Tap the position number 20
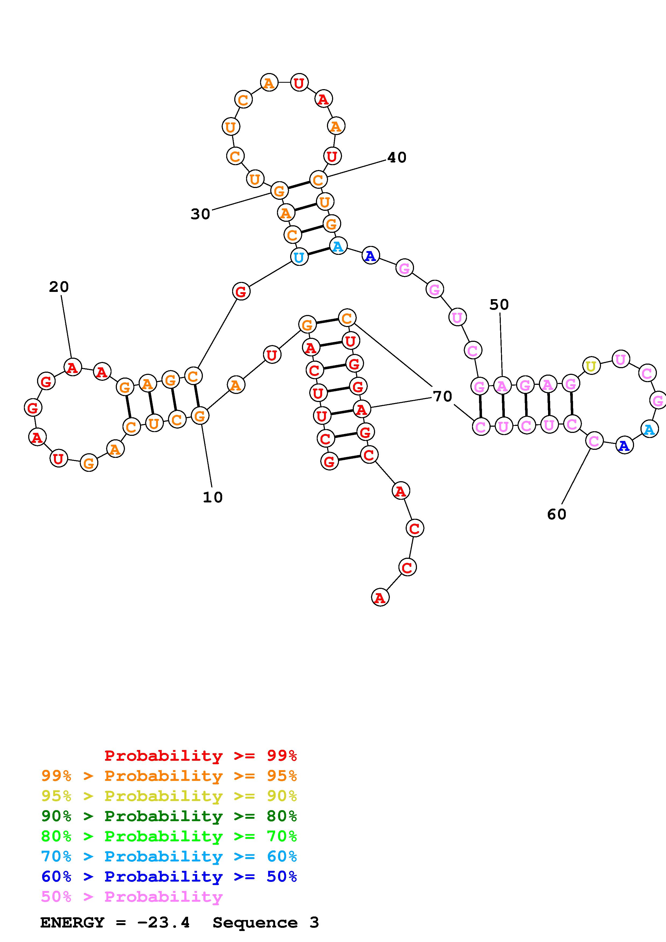[59, 287]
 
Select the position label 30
[200, 214]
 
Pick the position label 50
[499, 305]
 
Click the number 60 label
[556, 514]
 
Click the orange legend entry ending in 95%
[169, 776]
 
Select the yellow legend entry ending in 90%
[169, 796]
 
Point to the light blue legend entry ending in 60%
[169, 856]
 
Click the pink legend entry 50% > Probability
[132, 896]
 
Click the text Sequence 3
[265, 922]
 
